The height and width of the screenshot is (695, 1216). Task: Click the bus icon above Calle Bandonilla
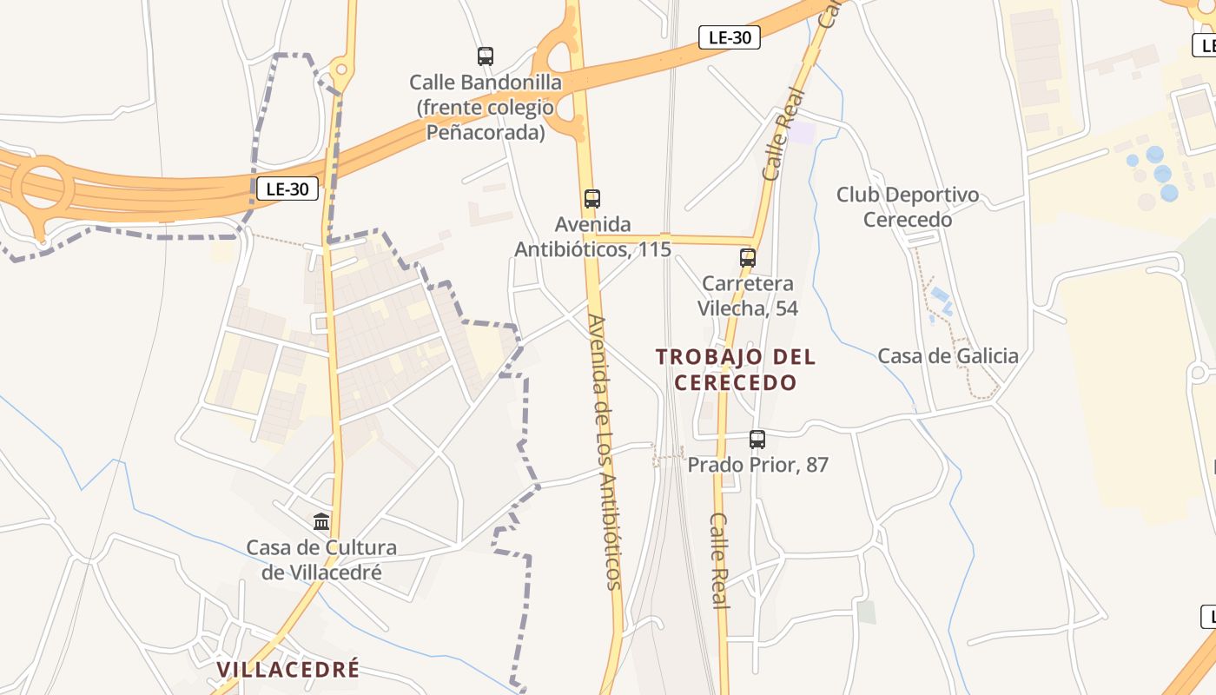[x=486, y=56]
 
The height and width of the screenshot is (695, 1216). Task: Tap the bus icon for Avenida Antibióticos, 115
[x=592, y=199]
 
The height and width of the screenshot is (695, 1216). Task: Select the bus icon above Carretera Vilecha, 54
[x=748, y=258]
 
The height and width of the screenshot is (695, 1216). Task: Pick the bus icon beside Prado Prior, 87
[x=757, y=440]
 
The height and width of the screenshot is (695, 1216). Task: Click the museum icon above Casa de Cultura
[x=321, y=521]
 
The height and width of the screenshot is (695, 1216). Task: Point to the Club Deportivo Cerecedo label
[x=908, y=208]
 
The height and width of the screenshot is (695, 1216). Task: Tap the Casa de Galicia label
[x=948, y=355]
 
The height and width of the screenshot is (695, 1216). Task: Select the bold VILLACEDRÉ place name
[x=287, y=669]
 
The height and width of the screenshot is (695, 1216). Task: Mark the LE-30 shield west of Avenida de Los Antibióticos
[x=287, y=189]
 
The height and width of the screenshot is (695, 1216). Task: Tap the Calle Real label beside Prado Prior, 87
[x=719, y=560]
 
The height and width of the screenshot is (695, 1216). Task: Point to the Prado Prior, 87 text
[x=757, y=465]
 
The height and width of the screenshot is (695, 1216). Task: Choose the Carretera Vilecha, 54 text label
[x=748, y=296]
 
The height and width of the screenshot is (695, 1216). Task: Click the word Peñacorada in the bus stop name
[x=486, y=133]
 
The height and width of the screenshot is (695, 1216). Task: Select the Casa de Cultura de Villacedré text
[x=321, y=560]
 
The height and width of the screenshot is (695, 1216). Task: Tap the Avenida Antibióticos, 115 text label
[x=592, y=237]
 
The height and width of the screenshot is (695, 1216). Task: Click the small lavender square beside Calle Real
[x=803, y=133]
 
